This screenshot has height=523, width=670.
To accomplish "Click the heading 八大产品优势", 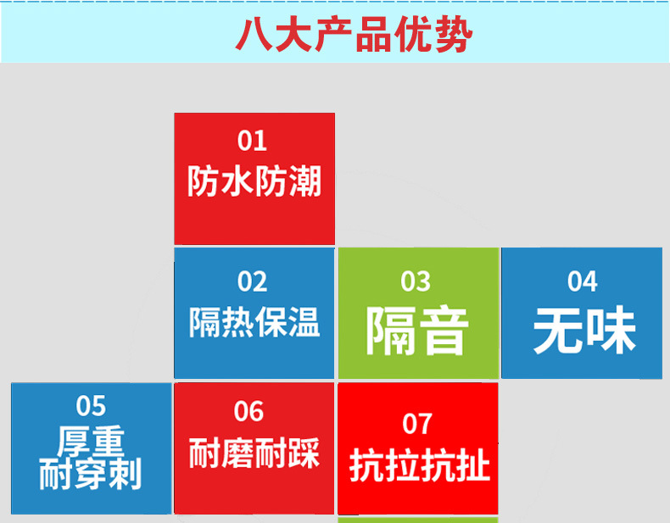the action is pos(354,35).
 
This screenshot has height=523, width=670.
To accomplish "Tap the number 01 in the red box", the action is pos(252,141).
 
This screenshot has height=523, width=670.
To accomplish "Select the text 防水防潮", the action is pos(254,181).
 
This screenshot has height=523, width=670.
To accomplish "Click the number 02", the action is pos(252,281).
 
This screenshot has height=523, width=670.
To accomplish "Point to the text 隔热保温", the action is pos(254,322).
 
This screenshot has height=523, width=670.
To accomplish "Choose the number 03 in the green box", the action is pos(416,281).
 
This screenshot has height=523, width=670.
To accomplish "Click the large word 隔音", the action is pos(417,331).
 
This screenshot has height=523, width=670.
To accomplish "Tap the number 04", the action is pos(583,281).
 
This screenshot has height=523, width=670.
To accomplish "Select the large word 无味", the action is pos(584,330).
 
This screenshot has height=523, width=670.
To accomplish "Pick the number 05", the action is pos(91,405).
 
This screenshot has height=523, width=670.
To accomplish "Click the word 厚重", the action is pos(91,442).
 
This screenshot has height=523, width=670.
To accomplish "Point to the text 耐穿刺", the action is pos(90,474).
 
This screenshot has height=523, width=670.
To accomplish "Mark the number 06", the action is pos(248,412).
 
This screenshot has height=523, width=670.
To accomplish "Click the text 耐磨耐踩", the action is pos(254,453).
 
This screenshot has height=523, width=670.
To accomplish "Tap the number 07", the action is pos(417,424).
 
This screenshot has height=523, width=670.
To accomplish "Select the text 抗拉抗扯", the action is pos(419,466).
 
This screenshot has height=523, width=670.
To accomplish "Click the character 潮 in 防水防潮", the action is pos(305,181).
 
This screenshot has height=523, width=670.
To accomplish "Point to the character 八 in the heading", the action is pos(254,35).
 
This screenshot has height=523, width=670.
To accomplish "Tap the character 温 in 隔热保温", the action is pos(304,322).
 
